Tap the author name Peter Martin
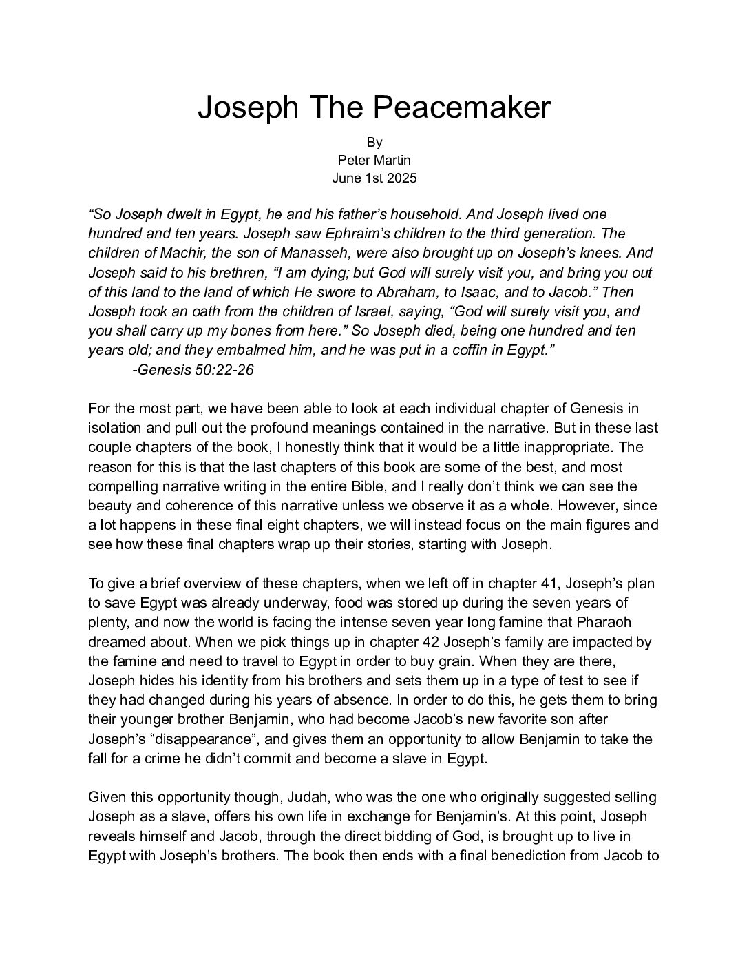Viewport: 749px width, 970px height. pos(374,160)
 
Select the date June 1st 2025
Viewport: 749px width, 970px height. pos(374,178)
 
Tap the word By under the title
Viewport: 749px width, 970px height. pos(374,143)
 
